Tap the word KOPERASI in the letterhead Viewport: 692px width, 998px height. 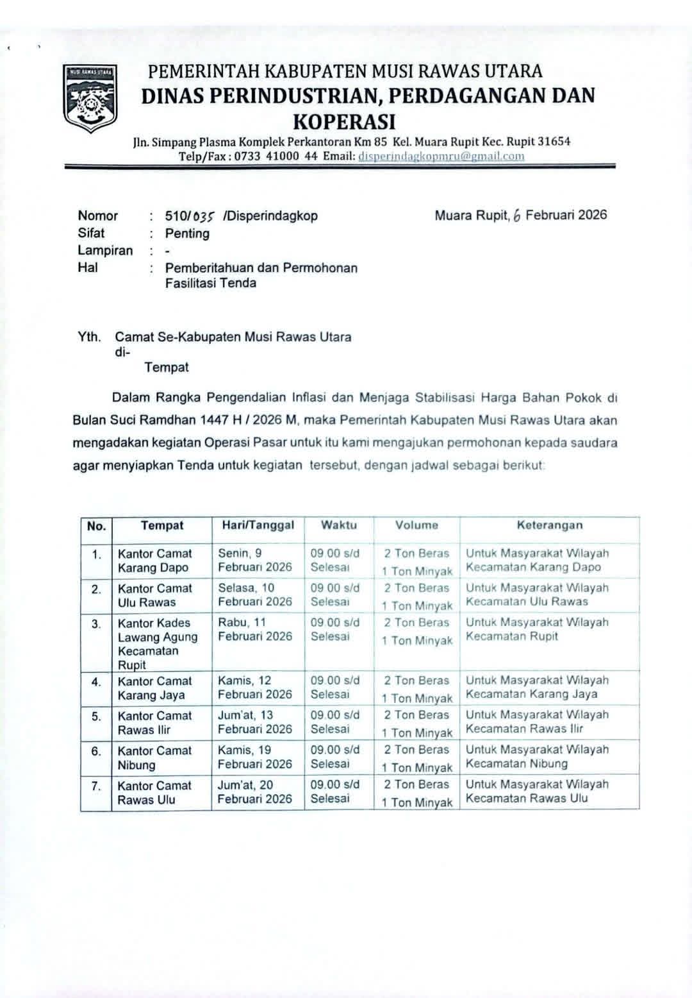point(344,121)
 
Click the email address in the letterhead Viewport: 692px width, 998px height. point(441,156)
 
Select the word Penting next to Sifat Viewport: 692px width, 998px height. point(187,233)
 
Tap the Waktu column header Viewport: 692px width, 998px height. point(339,525)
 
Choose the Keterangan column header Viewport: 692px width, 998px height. point(550,525)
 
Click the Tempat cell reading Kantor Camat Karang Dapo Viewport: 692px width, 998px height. point(155,561)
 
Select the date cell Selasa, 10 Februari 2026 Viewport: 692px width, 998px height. point(254,595)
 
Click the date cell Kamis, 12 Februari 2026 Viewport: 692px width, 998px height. point(254,688)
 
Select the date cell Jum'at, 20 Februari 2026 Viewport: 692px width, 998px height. point(254,791)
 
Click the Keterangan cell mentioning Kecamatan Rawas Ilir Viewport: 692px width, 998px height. point(537,722)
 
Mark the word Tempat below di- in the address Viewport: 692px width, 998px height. point(167,368)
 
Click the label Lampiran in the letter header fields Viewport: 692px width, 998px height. point(105,251)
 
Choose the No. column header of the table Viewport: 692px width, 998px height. point(96,527)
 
